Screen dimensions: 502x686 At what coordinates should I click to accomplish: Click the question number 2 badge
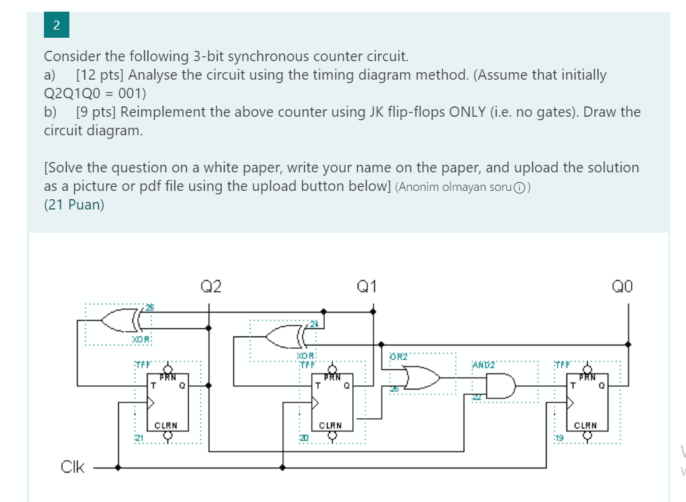point(56,26)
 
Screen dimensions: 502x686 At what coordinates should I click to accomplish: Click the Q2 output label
point(211,286)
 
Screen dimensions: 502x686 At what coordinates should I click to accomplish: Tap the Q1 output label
point(367,286)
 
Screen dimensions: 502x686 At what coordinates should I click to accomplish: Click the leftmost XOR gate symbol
point(120,319)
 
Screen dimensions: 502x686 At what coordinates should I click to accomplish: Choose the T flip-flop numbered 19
point(588,402)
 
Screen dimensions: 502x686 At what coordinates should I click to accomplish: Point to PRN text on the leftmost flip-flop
point(168,377)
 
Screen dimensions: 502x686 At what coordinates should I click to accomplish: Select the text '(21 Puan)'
point(74,205)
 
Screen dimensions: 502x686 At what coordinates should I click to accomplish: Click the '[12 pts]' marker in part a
point(100,75)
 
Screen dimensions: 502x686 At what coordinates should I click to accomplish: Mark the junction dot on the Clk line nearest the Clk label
point(118,468)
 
